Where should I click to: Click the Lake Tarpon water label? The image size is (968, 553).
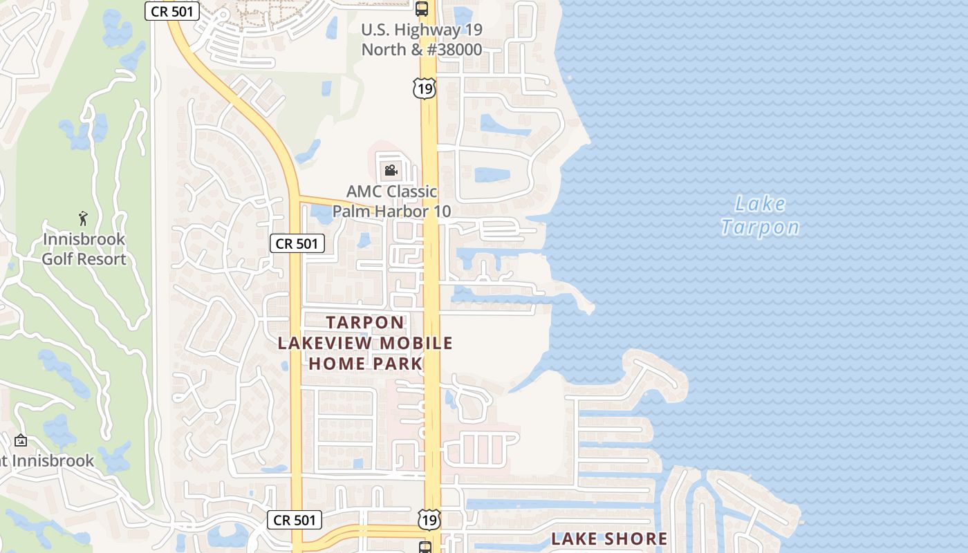760,215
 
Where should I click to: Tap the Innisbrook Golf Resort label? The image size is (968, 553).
84,249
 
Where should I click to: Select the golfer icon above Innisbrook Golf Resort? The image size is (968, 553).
84,218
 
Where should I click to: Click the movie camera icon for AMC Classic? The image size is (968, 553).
391,170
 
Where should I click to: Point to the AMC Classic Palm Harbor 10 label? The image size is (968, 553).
391,201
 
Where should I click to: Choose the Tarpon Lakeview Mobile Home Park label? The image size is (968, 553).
365,343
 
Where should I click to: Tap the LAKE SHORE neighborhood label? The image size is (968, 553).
609,538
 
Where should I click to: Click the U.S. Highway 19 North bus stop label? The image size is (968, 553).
422,39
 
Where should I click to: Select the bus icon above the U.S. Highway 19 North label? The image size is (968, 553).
422,9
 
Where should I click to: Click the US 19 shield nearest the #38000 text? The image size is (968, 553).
425,88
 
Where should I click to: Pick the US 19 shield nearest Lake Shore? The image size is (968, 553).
429,520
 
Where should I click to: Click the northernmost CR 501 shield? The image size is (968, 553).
172,11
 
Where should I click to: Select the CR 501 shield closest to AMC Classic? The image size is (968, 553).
297,243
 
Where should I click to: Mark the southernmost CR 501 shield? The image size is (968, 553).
295,520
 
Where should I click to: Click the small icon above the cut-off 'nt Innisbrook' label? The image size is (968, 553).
21,440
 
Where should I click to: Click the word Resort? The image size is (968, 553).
102,259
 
